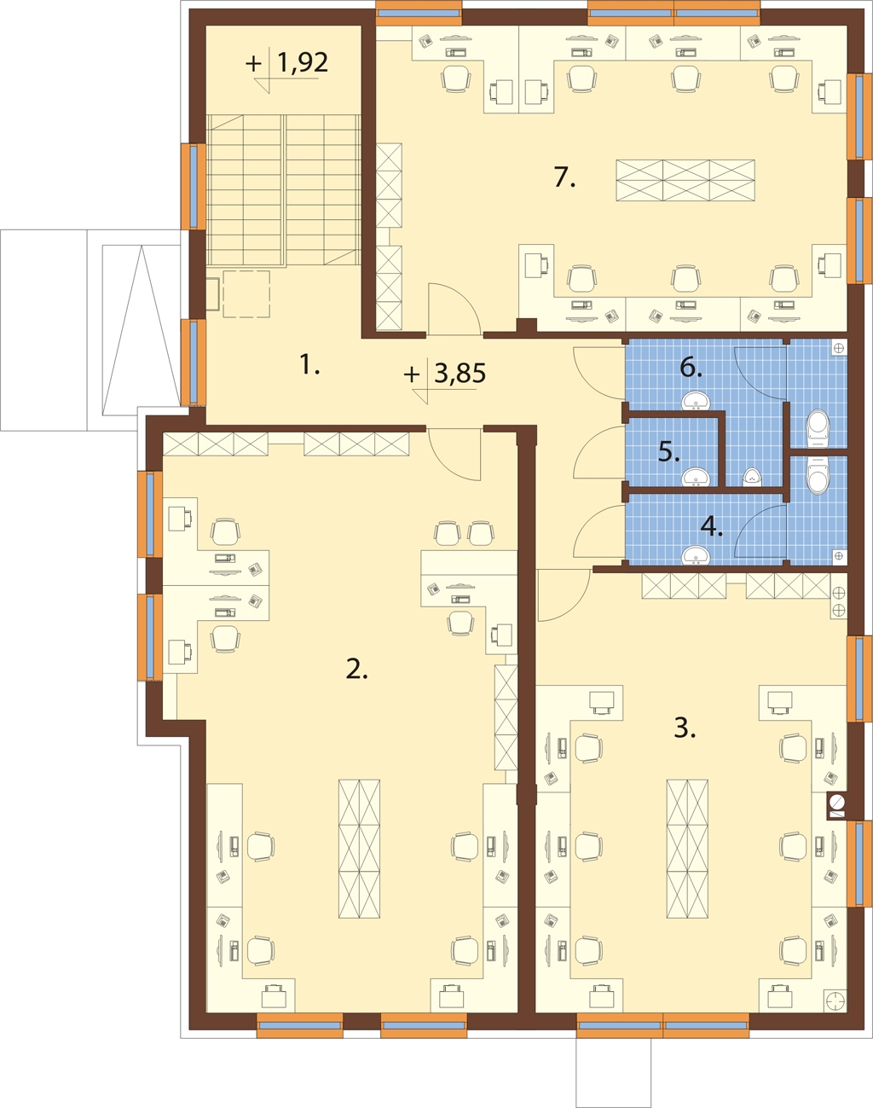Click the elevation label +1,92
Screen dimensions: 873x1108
[x=286, y=63]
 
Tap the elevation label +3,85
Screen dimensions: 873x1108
[x=445, y=374]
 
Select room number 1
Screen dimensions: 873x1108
[x=309, y=365]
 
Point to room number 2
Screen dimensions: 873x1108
[x=356, y=670]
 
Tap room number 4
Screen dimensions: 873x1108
[x=712, y=526]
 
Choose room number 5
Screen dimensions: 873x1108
[x=669, y=452]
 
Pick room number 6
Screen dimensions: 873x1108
[x=691, y=368]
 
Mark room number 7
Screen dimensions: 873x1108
[x=564, y=177]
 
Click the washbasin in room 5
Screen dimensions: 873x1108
[x=697, y=478]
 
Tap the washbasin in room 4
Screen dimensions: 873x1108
[x=697, y=555]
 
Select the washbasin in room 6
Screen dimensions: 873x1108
[x=697, y=401]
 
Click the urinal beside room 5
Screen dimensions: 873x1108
[x=753, y=478]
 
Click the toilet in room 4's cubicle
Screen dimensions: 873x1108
[x=818, y=476]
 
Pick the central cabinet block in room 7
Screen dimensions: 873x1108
[x=685, y=180]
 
